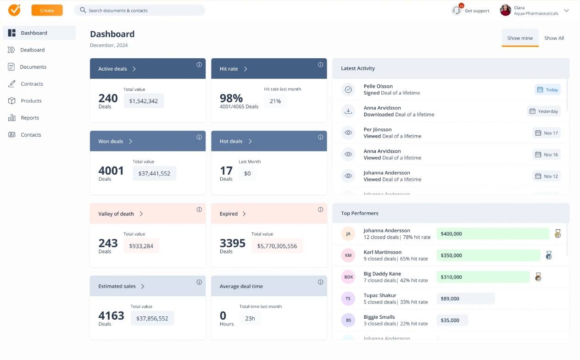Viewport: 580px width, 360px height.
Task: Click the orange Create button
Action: pyautogui.click(x=47, y=10)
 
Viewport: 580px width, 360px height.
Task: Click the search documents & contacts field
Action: pyautogui.click(x=139, y=10)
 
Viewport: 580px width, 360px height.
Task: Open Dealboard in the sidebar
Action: pyautogui.click(x=32, y=50)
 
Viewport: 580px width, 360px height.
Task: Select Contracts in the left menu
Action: pyautogui.click(x=32, y=84)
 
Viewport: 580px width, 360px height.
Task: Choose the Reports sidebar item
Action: pyautogui.click(x=30, y=118)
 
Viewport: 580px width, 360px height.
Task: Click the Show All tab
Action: pyautogui.click(x=554, y=38)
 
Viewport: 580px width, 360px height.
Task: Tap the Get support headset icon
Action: pyautogui.click(x=457, y=11)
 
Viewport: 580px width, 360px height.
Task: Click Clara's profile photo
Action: pyautogui.click(x=505, y=11)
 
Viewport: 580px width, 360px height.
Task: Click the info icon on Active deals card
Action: pyautogui.click(x=199, y=65)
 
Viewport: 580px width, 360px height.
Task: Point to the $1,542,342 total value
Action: pyautogui.click(x=143, y=101)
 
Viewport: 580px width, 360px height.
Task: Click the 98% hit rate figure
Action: pyautogui.click(x=231, y=98)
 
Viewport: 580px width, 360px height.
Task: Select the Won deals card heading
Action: pyautogui.click(x=111, y=141)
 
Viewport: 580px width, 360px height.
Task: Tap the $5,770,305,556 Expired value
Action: pyautogui.click(x=277, y=246)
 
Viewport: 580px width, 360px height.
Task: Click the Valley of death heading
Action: pyautogui.click(x=116, y=214)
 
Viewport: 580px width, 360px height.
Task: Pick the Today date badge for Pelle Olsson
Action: pyautogui.click(x=547, y=89)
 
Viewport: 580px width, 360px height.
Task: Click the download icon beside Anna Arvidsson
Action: pyautogui.click(x=348, y=111)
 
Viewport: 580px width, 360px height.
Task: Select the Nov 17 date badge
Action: pyautogui.click(x=547, y=133)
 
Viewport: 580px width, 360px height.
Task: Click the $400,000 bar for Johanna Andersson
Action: pyautogui.click(x=492, y=234)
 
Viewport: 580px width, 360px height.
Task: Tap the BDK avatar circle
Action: pyautogui.click(x=348, y=277)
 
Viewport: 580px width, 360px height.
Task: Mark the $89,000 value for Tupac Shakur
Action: pyautogui.click(x=465, y=299)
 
